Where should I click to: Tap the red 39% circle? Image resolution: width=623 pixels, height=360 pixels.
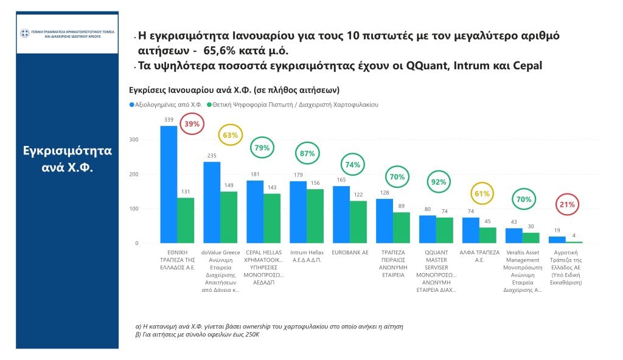point(192,124)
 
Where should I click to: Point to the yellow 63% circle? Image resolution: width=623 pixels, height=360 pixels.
point(231,135)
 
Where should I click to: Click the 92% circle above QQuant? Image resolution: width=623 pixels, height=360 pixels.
point(439,182)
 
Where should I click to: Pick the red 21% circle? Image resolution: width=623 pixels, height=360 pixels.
point(567,204)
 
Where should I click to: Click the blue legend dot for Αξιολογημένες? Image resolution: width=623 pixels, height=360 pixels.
point(132,105)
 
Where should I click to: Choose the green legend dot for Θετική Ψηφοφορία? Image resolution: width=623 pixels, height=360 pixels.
point(209,105)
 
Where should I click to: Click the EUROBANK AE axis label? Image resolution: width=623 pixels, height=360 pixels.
point(349,252)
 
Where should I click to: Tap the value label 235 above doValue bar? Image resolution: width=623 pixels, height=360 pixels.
point(212,156)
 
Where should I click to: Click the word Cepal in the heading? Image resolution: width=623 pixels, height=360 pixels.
point(527,66)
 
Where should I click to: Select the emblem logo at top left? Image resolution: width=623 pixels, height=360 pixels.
point(25,33)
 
